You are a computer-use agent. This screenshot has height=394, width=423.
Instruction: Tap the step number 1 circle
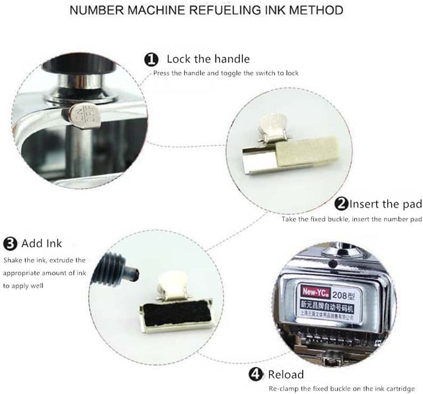(x=151, y=59)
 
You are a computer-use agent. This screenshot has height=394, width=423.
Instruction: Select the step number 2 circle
(x=342, y=204)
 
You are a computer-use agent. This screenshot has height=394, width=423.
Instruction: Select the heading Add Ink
(x=41, y=243)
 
